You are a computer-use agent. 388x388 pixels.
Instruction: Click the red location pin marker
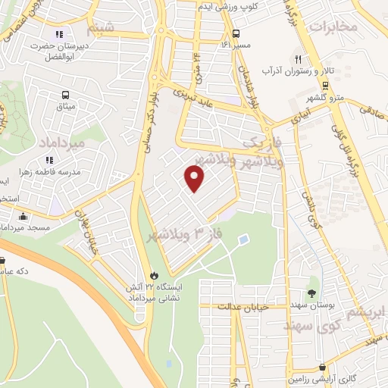click(x=196, y=179)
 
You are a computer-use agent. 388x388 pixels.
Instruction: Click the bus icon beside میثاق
click(x=66, y=95)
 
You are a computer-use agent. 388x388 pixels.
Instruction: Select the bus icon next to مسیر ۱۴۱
click(x=236, y=33)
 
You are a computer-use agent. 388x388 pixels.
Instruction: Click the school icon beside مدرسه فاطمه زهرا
click(x=49, y=161)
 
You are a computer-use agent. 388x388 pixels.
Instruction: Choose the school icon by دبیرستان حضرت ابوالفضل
click(x=60, y=33)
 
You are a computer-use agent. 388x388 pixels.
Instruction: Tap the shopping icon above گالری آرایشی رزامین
click(x=323, y=367)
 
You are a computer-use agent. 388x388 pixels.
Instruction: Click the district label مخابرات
click(x=332, y=27)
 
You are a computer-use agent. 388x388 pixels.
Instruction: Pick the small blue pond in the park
click(x=242, y=240)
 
